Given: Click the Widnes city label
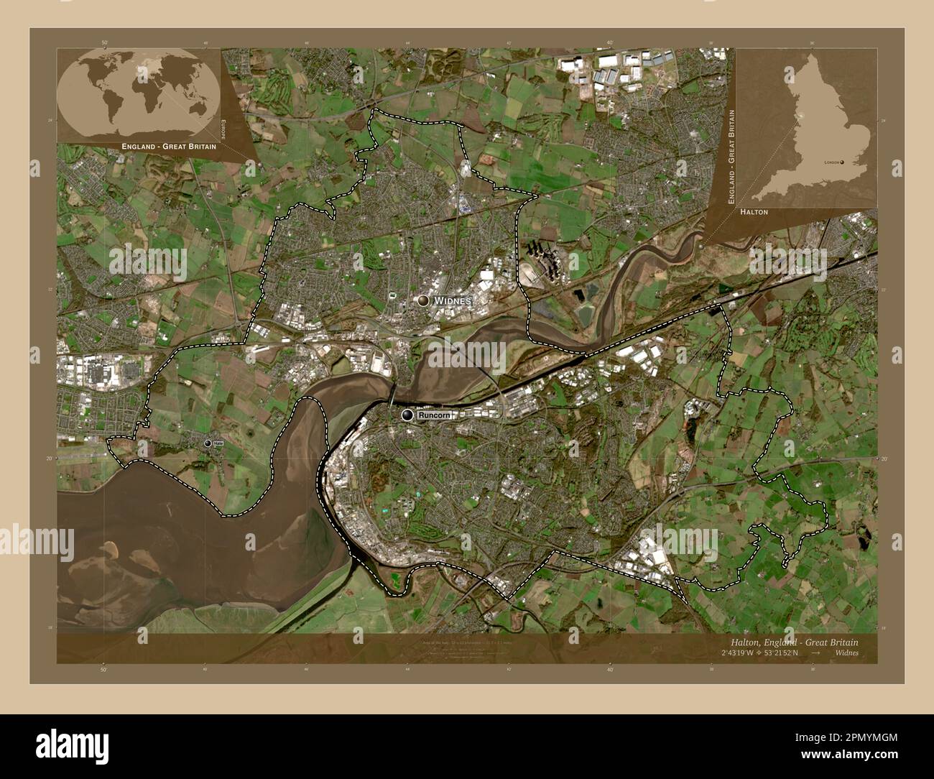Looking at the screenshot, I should tap(452, 300).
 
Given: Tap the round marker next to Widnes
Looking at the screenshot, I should tap(424, 300).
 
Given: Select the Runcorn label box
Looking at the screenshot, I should tap(434, 415).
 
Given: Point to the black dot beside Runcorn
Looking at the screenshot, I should tap(408, 415).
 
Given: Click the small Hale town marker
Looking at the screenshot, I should tap(208, 444).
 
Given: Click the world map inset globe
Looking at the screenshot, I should tap(138, 93).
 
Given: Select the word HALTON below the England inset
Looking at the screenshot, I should tap(754, 212).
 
